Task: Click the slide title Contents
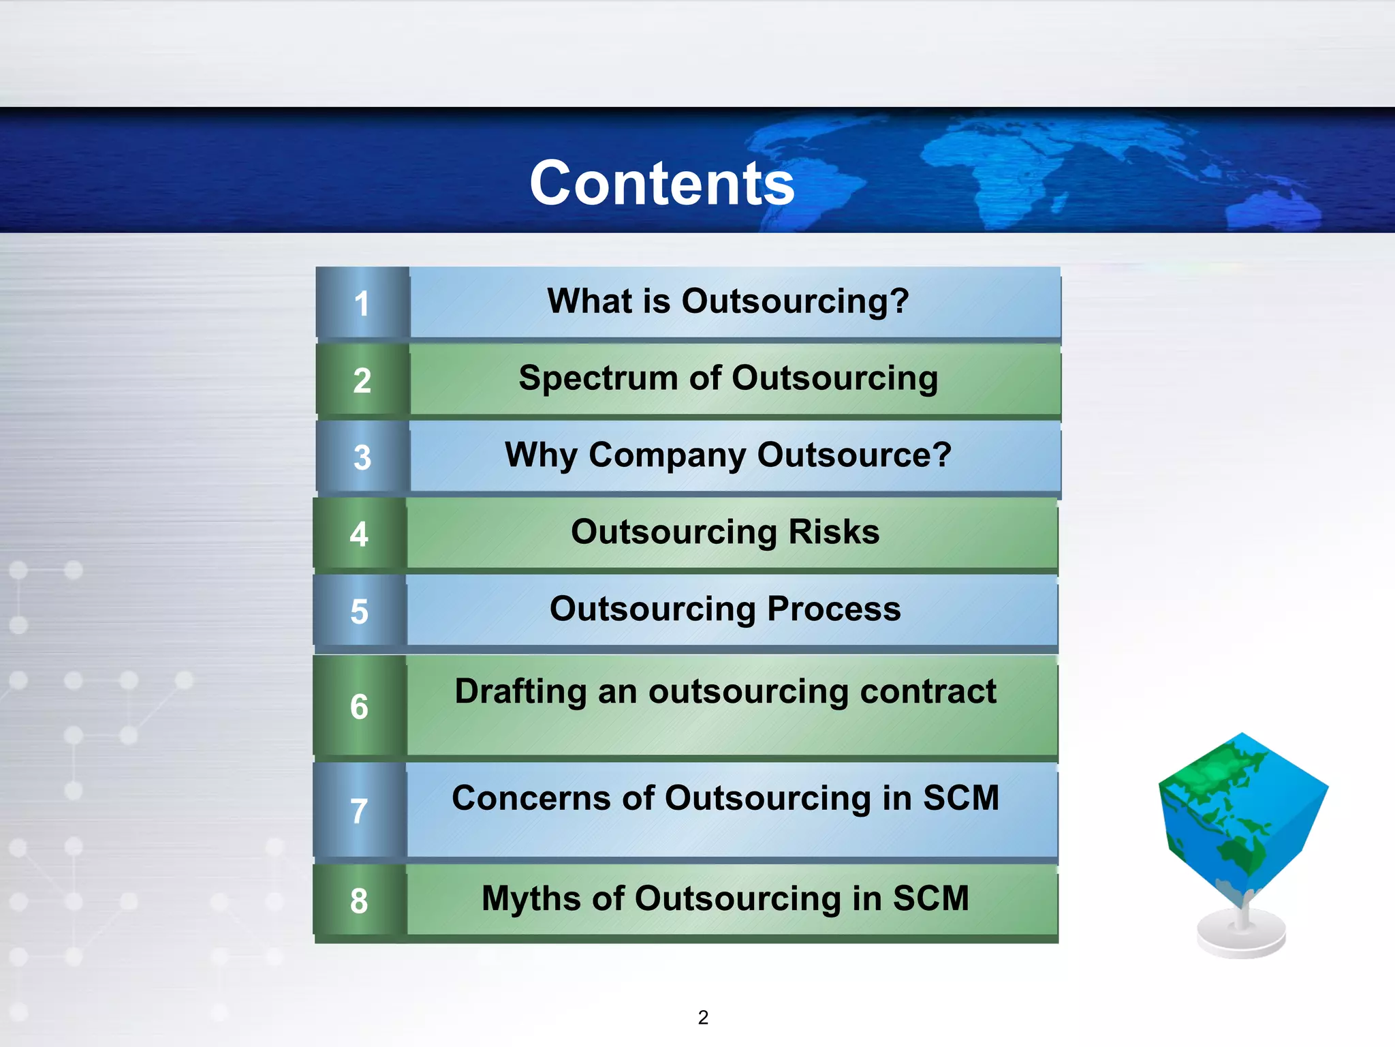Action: pos(662,183)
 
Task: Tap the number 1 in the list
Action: pos(362,304)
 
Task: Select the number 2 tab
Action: pos(362,380)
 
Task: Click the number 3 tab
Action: pos(362,457)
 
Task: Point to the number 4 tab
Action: pos(359,534)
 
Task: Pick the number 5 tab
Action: pos(359,611)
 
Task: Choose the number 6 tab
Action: pos(359,707)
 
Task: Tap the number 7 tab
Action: pos(359,811)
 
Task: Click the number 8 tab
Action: pos(359,901)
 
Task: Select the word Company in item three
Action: pos(667,455)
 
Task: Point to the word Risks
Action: pos(834,532)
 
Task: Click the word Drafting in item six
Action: pos(520,692)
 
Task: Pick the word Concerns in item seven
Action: pos(531,798)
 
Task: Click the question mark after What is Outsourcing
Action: pos(898,301)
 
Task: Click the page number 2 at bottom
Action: pos(703,1017)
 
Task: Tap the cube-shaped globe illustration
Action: pos(1243,818)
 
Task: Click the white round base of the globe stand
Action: pos(1241,937)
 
